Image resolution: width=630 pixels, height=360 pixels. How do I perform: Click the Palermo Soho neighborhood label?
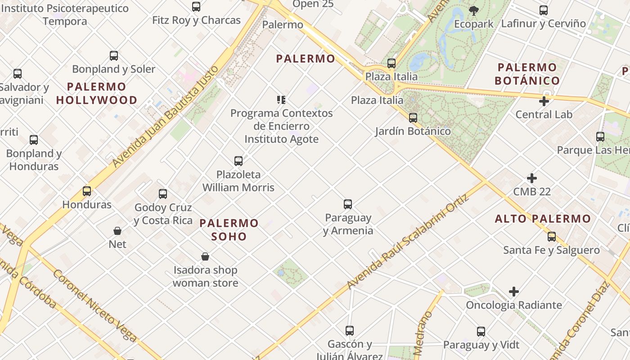pyautogui.click(x=229, y=229)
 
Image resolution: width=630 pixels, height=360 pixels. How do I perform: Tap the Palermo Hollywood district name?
pyautogui.click(x=97, y=93)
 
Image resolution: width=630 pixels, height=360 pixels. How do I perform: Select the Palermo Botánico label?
pyautogui.click(x=527, y=74)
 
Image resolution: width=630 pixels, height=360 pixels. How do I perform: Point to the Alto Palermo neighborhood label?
pyautogui.click(x=543, y=219)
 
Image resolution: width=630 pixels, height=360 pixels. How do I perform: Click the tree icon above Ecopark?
pyautogui.click(x=473, y=10)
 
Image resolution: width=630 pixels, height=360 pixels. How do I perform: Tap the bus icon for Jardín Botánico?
pyautogui.click(x=413, y=118)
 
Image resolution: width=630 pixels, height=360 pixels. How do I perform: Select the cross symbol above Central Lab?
pyautogui.click(x=544, y=101)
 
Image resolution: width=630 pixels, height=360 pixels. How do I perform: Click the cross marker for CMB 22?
pyautogui.click(x=531, y=178)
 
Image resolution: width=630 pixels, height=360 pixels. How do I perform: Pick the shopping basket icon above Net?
pyautogui.click(x=117, y=231)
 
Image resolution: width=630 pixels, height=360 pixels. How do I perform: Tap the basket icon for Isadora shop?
pyautogui.click(x=205, y=256)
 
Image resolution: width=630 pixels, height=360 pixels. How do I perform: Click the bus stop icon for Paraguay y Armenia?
pyautogui.click(x=348, y=204)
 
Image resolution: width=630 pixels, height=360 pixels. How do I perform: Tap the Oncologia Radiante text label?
pyautogui.click(x=513, y=305)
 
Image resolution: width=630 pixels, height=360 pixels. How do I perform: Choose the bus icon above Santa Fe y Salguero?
pyautogui.click(x=551, y=237)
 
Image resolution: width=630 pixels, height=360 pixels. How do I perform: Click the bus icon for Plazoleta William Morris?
pyautogui.click(x=238, y=161)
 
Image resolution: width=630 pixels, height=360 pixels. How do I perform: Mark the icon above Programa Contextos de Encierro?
pyautogui.click(x=281, y=99)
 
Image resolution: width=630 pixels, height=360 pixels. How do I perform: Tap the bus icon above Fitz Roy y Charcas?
pyautogui.click(x=196, y=7)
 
